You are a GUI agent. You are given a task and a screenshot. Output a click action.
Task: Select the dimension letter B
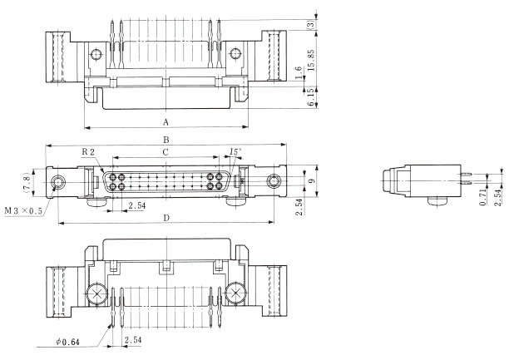coord(166,140)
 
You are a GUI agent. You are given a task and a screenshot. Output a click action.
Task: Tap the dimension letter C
coord(166,152)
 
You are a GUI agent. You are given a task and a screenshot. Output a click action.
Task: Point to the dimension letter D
coord(166,218)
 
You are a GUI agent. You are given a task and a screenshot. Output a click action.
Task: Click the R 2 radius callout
coord(89,152)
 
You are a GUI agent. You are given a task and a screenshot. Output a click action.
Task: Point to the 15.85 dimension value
coord(309,59)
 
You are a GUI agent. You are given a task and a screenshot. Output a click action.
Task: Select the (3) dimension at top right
coord(309,25)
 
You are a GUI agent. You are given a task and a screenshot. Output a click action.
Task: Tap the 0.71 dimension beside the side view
coord(482,198)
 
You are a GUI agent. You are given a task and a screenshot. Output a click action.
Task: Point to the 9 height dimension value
coord(310,181)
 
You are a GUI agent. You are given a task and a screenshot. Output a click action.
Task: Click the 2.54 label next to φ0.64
coord(133,341)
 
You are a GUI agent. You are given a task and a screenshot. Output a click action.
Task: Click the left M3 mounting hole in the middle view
coord(60,181)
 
